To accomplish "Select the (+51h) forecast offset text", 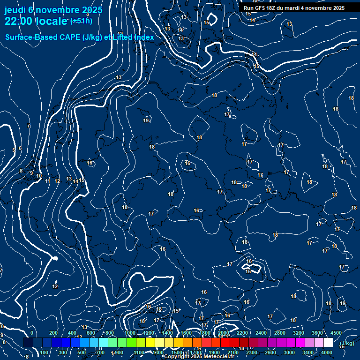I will pyautogui.click(x=81, y=21).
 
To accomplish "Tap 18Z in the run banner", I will pyautogui.click(x=273, y=8).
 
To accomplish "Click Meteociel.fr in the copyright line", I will pyautogui.click(x=213, y=357).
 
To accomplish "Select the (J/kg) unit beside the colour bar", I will pyautogui.click(x=346, y=343).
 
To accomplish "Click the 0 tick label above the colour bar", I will pyautogui.click(x=32, y=333).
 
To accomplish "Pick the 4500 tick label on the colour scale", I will pyautogui.click(x=336, y=333).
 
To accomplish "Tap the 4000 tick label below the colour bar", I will pyautogui.click(x=327, y=352).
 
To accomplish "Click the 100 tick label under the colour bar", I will pyautogui.click(x=45, y=352).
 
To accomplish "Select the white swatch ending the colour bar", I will pyautogui.click(x=328, y=343).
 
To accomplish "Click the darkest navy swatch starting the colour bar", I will pyautogui.click(x=28, y=343).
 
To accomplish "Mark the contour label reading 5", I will pyautogui.click(x=14, y=150).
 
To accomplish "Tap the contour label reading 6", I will pyautogui.click(x=20, y=149).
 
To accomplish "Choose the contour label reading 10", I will pyautogui.click(x=39, y=176).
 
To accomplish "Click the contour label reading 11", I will pyautogui.click(x=47, y=181).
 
